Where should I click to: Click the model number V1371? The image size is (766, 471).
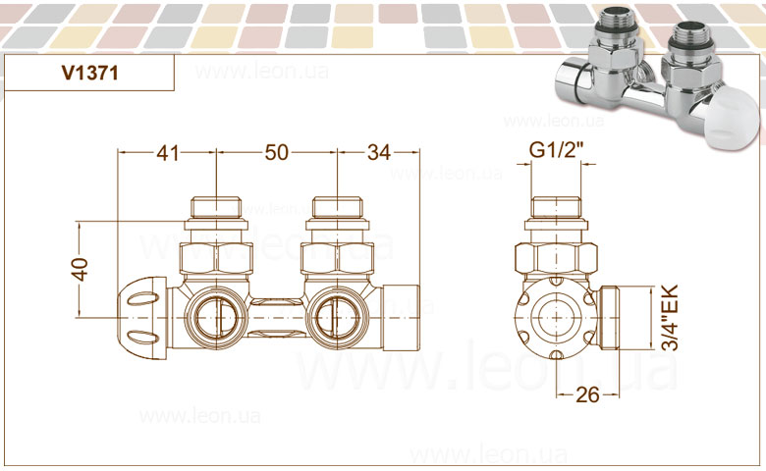(90, 74)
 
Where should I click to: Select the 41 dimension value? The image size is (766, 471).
(168, 153)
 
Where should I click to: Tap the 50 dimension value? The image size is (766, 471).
(277, 153)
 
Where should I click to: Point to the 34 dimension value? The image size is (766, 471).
(379, 153)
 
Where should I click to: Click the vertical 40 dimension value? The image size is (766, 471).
(81, 269)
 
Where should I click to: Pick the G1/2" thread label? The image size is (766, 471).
(557, 150)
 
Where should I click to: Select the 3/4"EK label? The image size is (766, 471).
(670, 318)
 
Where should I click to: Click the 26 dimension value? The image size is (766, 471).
(587, 394)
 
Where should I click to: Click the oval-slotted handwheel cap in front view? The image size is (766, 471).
(142, 317)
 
